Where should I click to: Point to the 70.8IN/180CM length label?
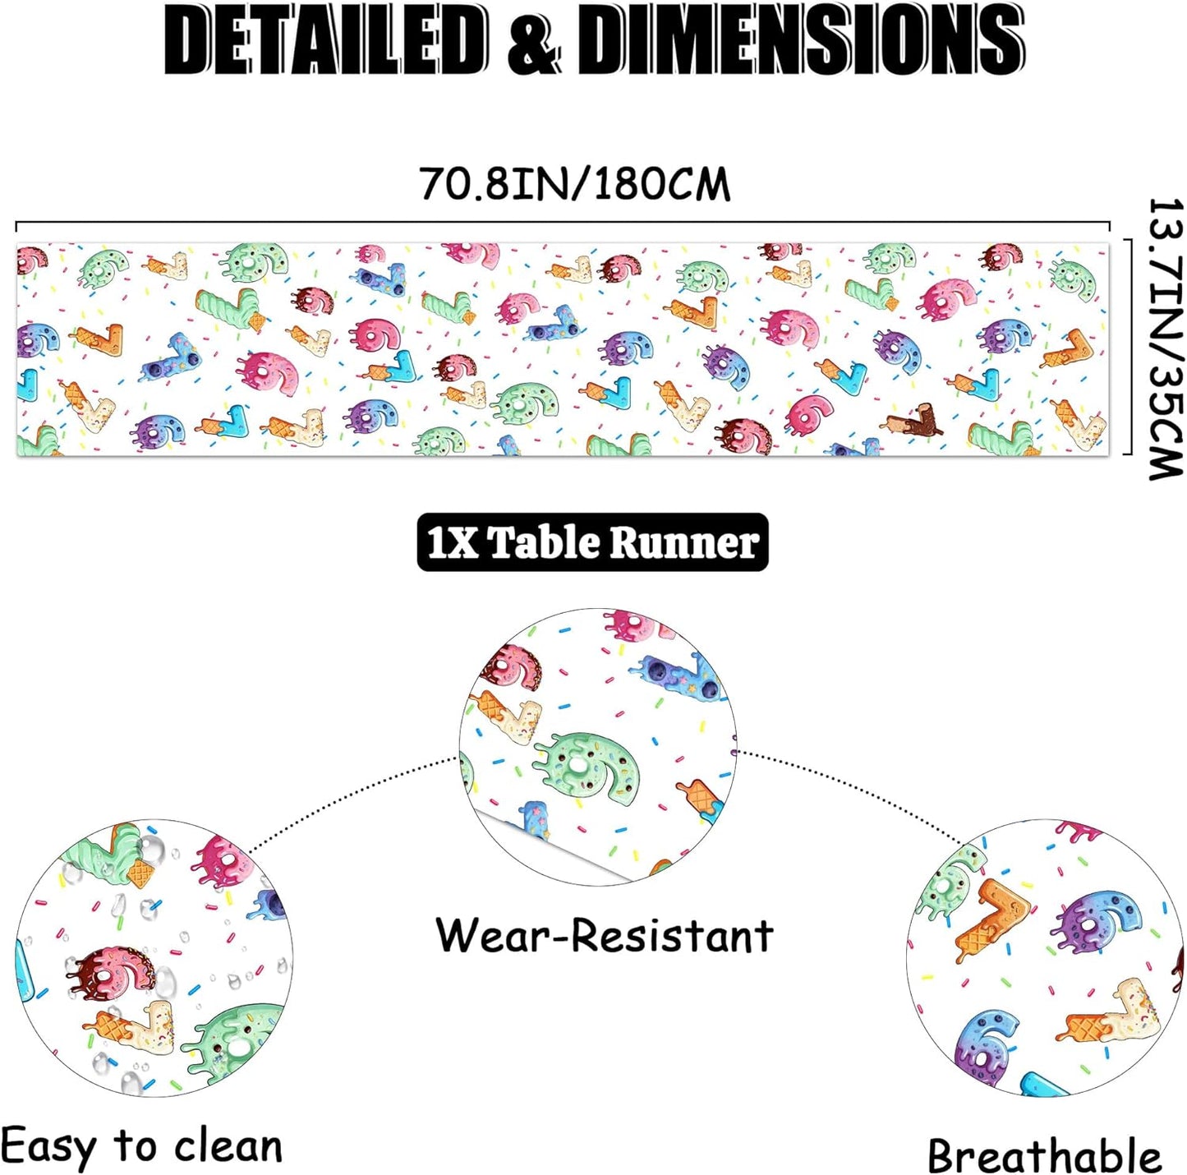pos(574,183)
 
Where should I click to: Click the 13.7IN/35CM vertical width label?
pos(1166,338)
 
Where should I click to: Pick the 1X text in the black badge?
pos(451,543)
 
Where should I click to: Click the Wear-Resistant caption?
pos(605,936)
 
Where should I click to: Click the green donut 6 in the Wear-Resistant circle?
pos(586,765)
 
